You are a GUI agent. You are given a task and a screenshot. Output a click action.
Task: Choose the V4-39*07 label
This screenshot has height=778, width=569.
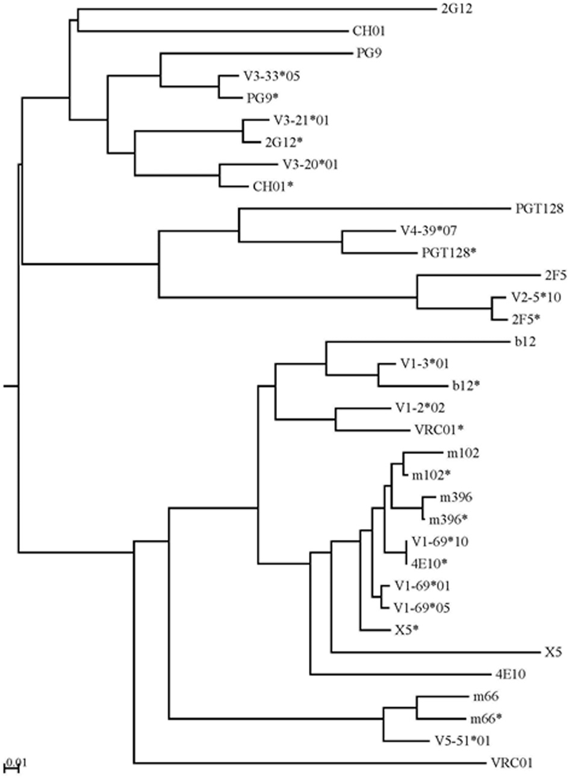pyautogui.click(x=424, y=230)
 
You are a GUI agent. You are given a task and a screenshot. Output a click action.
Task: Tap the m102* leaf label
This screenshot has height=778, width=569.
pyautogui.click(x=431, y=475)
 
